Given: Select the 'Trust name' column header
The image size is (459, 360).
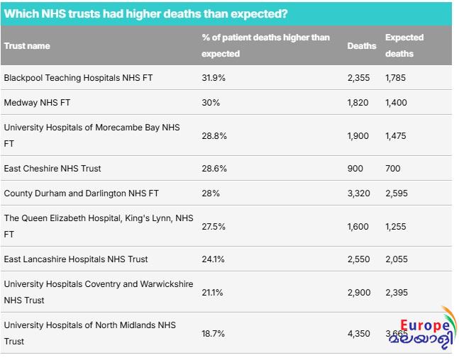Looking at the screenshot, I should click(x=27, y=46).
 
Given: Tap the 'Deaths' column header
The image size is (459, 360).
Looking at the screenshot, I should click(x=362, y=46).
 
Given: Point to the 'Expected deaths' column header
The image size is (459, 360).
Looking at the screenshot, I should click(x=404, y=45).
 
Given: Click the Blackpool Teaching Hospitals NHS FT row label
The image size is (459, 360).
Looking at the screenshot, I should click(x=78, y=78).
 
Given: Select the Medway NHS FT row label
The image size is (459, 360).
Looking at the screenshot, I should click(x=37, y=103).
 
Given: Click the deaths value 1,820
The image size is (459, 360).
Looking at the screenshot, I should click(x=358, y=103).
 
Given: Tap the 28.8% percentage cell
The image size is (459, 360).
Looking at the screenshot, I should click(x=214, y=135).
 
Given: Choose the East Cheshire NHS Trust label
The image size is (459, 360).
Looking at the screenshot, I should click(x=52, y=169).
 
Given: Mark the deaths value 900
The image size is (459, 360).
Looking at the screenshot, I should click(x=355, y=169).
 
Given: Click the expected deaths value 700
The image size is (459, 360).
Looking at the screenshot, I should click(x=393, y=169).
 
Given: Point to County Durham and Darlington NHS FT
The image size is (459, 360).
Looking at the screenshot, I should click(x=82, y=193).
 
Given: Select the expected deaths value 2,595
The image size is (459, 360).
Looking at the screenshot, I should click(x=397, y=193).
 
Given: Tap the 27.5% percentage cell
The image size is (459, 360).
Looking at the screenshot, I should click(x=214, y=226).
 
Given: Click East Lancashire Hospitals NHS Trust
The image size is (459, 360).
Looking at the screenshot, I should click(x=76, y=259).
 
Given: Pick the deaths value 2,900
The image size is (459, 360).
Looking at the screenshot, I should click(x=359, y=292).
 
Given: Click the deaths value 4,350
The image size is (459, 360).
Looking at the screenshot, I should click(x=359, y=333).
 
